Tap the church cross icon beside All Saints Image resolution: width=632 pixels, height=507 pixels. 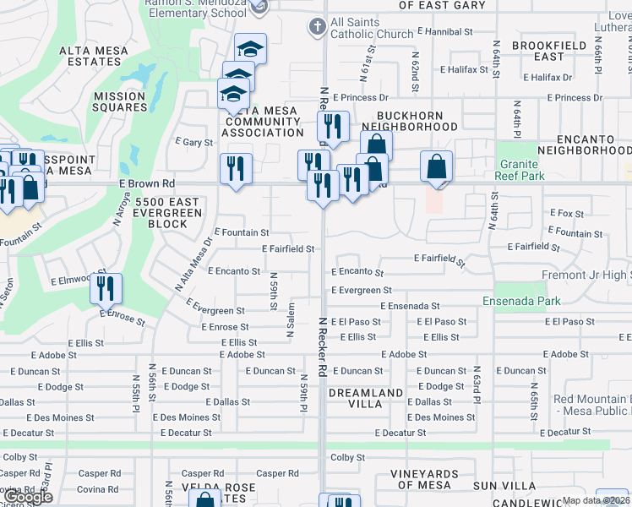tap(317, 27)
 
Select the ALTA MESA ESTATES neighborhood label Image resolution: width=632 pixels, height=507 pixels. tap(94, 57)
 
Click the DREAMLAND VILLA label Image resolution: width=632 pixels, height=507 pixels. tap(366, 399)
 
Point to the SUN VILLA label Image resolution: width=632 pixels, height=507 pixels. tap(504, 486)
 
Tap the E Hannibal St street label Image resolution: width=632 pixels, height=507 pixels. tap(444, 31)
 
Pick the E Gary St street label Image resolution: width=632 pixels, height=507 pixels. tap(193, 143)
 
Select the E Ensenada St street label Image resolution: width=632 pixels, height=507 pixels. tap(410, 306)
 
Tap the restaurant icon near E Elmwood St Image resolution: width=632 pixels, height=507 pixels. tap(106, 288)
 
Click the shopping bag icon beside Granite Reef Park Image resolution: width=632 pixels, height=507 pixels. tap(436, 167)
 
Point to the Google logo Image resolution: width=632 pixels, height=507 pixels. tap(28, 498)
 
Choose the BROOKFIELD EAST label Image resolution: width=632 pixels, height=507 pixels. tap(548, 51)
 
